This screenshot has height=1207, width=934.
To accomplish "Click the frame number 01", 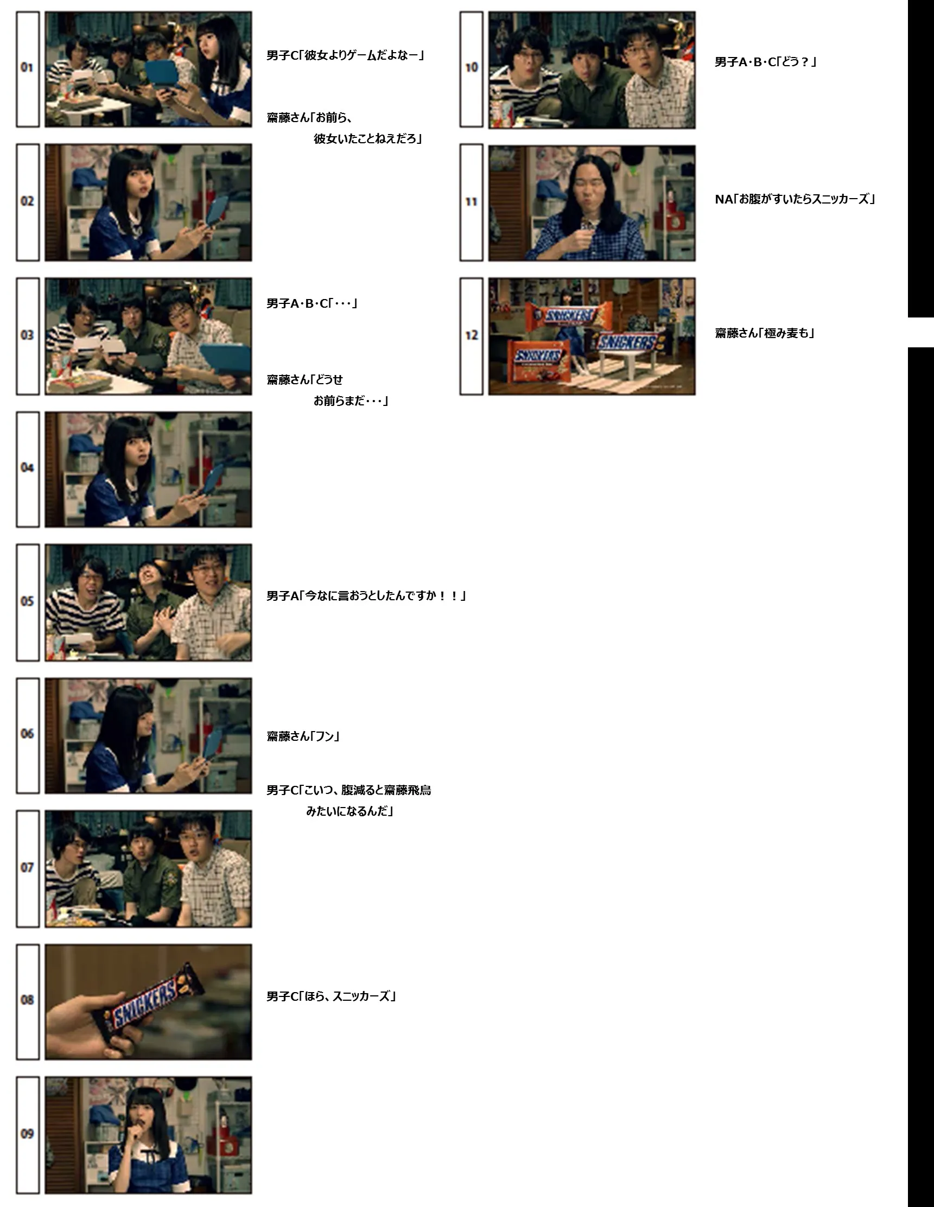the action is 27,67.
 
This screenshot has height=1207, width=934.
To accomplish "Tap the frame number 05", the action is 27,601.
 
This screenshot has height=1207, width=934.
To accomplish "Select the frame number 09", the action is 27,1134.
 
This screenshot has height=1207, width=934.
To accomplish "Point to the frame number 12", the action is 472,335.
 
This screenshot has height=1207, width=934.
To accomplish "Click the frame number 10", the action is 472,67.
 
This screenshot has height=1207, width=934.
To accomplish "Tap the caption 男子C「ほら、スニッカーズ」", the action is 331,996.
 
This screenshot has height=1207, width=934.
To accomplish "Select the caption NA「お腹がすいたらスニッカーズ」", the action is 795,199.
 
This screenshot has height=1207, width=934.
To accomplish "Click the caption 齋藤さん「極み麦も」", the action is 765,333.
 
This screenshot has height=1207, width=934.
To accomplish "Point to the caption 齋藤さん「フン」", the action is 303,736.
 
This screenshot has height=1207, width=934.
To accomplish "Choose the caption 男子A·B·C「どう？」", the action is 765,62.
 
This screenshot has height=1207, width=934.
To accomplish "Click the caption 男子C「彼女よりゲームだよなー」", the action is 345,55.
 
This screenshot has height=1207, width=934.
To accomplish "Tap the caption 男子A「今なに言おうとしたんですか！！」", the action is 366,596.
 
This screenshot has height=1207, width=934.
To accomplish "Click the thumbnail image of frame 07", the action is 148,869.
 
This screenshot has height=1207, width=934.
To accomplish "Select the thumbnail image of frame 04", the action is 148,470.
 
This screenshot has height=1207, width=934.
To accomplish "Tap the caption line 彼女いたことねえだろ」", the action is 367,139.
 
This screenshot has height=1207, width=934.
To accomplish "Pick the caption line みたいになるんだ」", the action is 350,811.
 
